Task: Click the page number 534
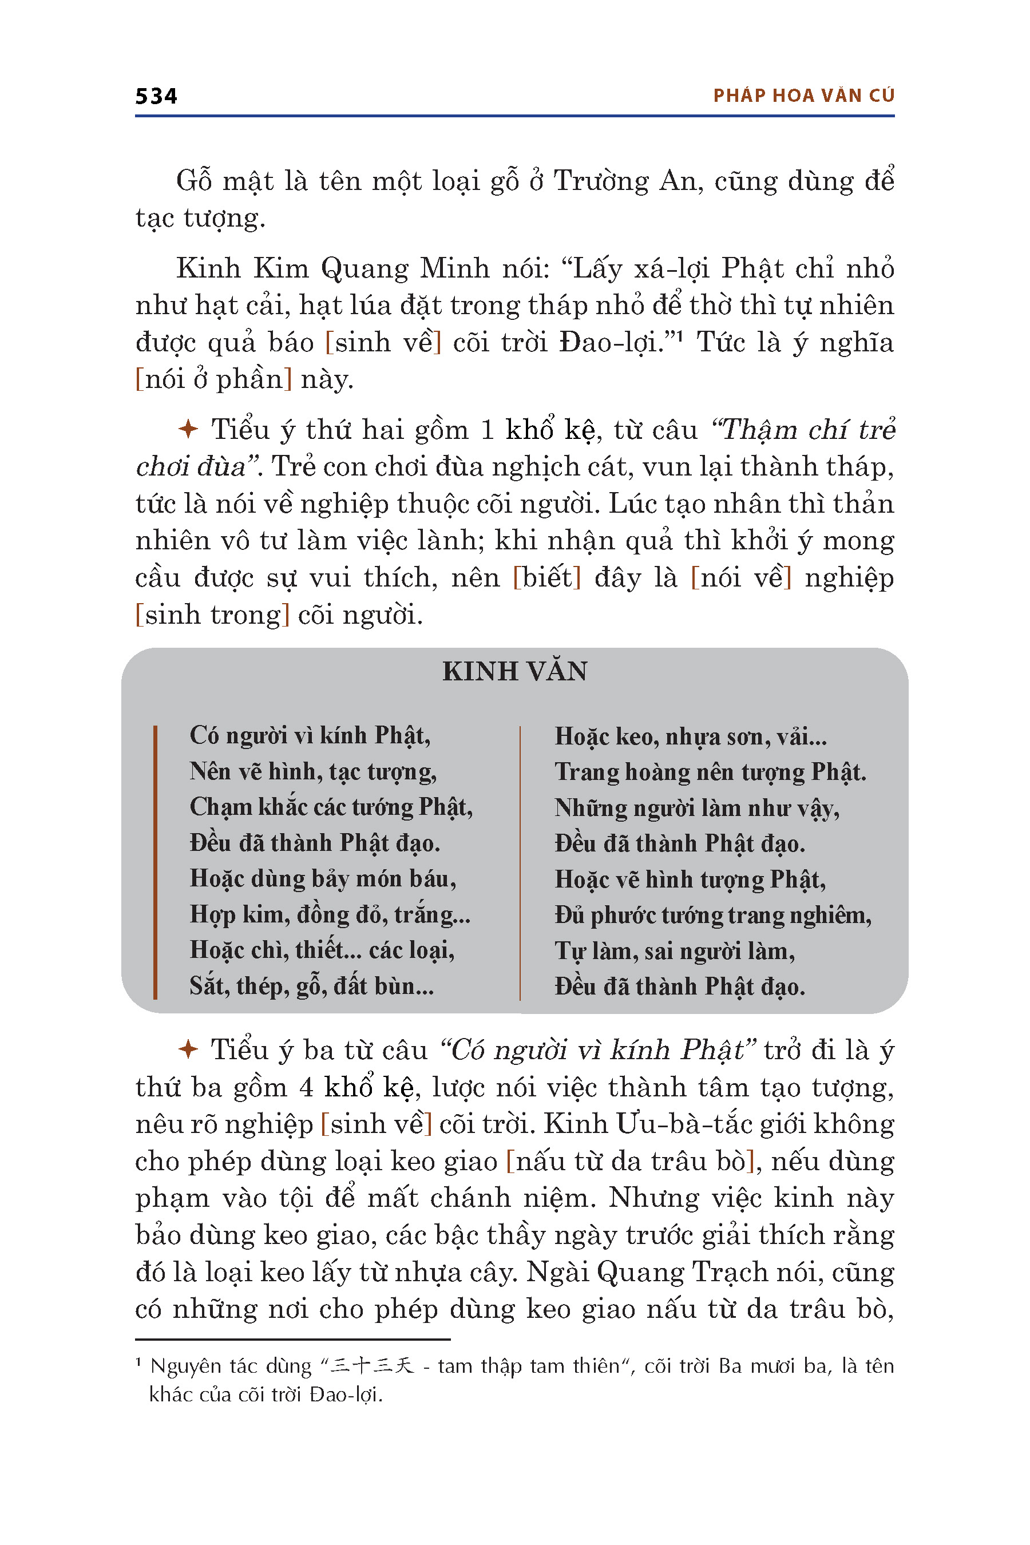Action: tap(156, 97)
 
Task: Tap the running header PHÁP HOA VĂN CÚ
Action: tap(803, 96)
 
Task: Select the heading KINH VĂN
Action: tap(514, 671)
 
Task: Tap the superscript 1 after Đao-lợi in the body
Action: tap(680, 336)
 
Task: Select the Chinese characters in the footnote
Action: tap(373, 1366)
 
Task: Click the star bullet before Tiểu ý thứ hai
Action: tap(188, 429)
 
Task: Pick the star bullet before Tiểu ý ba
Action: tap(188, 1049)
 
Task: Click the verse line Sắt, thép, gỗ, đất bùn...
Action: tap(311, 986)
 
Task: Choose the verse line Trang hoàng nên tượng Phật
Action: tap(710, 772)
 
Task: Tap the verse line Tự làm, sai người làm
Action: tap(675, 950)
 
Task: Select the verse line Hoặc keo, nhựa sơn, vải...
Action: tap(691, 736)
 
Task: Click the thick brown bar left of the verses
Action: tap(155, 862)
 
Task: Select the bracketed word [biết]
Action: tap(546, 578)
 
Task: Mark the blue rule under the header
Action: tap(514, 116)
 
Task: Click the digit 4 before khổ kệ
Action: tap(306, 1087)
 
